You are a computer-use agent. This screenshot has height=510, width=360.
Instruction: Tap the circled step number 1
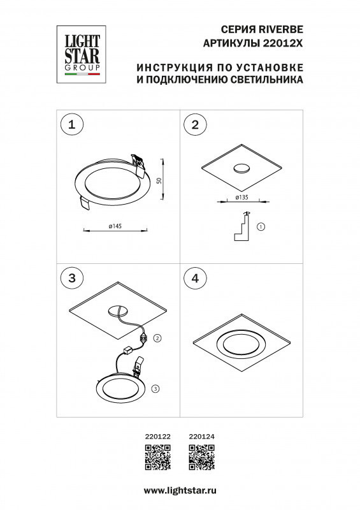(72, 125)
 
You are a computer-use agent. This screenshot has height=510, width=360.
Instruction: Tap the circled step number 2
(196, 125)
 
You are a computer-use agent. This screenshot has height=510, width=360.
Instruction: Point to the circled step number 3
(72, 278)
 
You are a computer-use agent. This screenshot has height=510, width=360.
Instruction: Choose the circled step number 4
(196, 278)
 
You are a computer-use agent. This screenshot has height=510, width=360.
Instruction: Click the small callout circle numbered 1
(261, 226)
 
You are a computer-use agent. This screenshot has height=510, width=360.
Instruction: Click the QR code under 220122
(157, 457)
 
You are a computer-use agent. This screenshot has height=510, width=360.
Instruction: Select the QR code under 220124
(201, 457)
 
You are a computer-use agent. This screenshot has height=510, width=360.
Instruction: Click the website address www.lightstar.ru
(180, 490)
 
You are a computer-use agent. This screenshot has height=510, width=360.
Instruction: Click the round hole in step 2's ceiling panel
(241, 168)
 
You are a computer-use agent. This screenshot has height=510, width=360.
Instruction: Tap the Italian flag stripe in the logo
(80, 75)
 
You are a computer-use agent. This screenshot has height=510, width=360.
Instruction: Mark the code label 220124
(201, 437)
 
